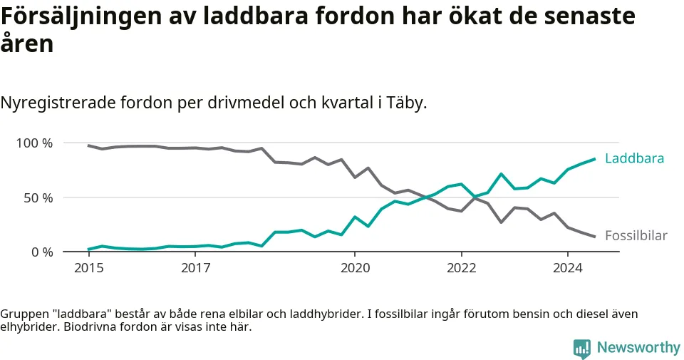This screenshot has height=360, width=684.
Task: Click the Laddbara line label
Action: click(634, 158)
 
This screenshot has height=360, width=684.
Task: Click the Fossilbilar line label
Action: click(636, 235)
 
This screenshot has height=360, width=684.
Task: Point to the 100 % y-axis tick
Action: click(34, 143)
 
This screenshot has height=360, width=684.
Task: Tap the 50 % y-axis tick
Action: click(38, 197)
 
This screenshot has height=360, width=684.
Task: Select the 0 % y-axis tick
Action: click(41, 252)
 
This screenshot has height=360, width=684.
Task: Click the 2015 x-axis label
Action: click(88, 269)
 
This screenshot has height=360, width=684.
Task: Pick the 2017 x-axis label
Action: click(195, 269)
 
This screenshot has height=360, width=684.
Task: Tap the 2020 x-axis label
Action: click(355, 269)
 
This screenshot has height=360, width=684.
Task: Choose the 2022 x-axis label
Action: click(461, 269)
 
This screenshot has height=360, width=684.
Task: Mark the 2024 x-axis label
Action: click(567, 269)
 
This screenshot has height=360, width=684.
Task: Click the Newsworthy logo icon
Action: click(582, 348)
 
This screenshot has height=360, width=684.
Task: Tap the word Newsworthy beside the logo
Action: click(638, 348)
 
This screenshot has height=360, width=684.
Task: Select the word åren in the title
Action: click(26, 44)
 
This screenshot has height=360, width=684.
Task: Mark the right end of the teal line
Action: click(594, 159)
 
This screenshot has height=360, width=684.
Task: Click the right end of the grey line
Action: click(594, 237)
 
